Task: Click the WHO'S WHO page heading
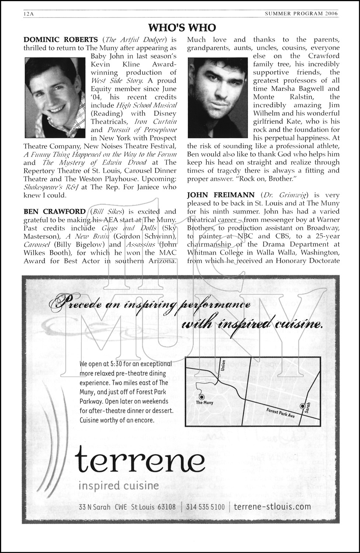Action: click(182, 27)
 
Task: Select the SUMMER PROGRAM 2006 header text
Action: click(301, 14)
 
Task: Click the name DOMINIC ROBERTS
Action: click(61, 39)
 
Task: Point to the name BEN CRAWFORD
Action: click(55, 212)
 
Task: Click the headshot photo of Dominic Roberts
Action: click(55, 97)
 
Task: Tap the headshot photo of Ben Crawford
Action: click(218, 97)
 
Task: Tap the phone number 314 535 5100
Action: click(205, 507)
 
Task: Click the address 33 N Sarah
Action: click(94, 507)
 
